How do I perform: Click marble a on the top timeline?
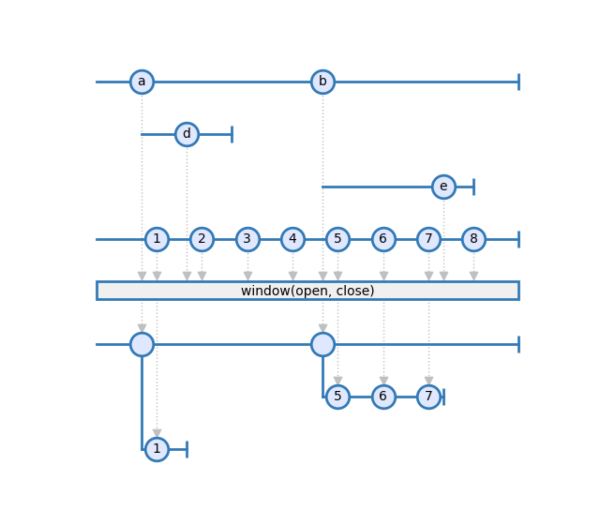click(142, 82)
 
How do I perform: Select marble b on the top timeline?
click(322, 82)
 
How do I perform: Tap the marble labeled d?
click(187, 134)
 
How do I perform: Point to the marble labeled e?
click(443, 187)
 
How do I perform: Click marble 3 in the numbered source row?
click(247, 240)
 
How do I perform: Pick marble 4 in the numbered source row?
click(292, 240)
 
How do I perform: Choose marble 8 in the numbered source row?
click(473, 240)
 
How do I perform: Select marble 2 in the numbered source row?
click(202, 240)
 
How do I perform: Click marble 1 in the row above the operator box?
click(157, 240)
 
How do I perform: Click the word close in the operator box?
click(354, 291)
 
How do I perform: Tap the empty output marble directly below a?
click(142, 344)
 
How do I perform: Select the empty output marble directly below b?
click(322, 344)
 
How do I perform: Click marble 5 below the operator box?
click(337, 397)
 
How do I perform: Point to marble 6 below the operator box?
click(383, 397)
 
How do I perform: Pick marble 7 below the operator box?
click(428, 397)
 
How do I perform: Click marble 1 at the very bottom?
click(157, 449)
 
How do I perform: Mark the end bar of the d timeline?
click(232, 134)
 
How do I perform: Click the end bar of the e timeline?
click(473, 187)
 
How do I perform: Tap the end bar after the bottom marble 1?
click(187, 449)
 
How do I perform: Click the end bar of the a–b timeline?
click(518, 82)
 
